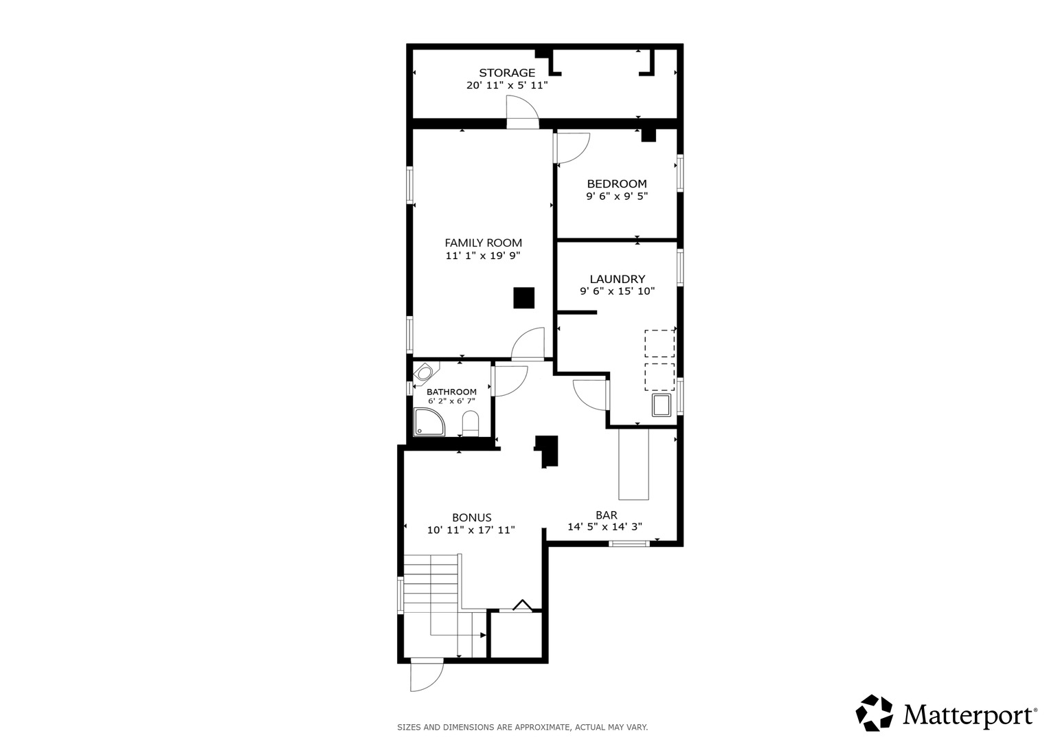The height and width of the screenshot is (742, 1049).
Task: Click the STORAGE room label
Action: click(x=507, y=73)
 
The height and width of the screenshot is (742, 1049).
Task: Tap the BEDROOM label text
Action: click(x=617, y=183)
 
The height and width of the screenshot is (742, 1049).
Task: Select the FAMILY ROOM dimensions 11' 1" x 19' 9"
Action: click(x=483, y=256)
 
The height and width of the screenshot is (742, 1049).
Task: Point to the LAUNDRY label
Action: click(x=617, y=279)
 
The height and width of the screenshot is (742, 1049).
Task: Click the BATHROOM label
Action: click(x=451, y=392)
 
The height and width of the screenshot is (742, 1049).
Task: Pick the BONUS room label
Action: click(x=471, y=517)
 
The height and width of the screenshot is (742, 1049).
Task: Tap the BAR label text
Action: click(x=606, y=515)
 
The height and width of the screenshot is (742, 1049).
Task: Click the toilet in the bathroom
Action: click(x=470, y=423)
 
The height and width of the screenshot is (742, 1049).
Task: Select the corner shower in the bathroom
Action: click(x=429, y=422)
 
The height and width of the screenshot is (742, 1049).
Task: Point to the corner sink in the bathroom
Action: click(x=425, y=373)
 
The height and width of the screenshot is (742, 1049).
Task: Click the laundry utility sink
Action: click(x=662, y=405)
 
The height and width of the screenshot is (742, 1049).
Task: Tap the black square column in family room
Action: click(x=524, y=298)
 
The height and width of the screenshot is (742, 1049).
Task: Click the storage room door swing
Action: click(x=523, y=111)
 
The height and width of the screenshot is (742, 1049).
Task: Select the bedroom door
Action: click(x=572, y=148)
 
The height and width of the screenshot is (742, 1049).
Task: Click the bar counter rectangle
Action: click(x=633, y=464)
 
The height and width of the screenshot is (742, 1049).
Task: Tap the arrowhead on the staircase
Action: click(x=483, y=636)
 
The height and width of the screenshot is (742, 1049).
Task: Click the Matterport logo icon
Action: click(x=875, y=713)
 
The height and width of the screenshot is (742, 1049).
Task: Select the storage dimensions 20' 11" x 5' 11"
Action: click(x=507, y=85)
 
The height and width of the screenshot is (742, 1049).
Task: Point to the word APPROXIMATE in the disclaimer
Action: click(x=542, y=728)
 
